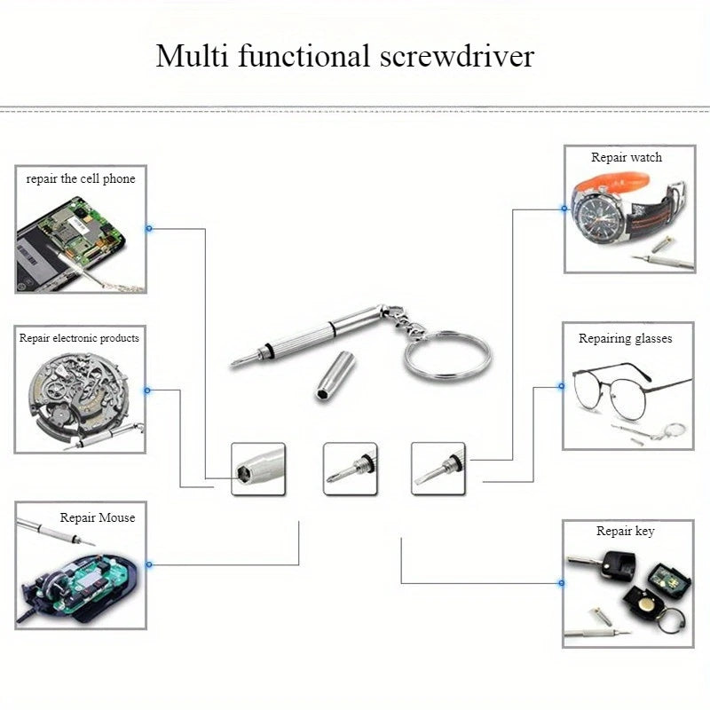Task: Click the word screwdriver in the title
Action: coord(457,57)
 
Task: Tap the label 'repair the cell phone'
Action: coord(81,178)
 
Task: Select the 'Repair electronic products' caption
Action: coord(79,338)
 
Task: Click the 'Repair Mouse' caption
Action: coord(98,517)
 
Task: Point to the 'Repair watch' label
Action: coord(627,157)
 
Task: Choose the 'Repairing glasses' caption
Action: coord(626,338)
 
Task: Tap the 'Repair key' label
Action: coord(626,531)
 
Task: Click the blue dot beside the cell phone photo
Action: coord(149,228)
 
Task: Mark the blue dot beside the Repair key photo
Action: coord(561,583)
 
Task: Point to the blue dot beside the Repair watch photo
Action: coord(564,209)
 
